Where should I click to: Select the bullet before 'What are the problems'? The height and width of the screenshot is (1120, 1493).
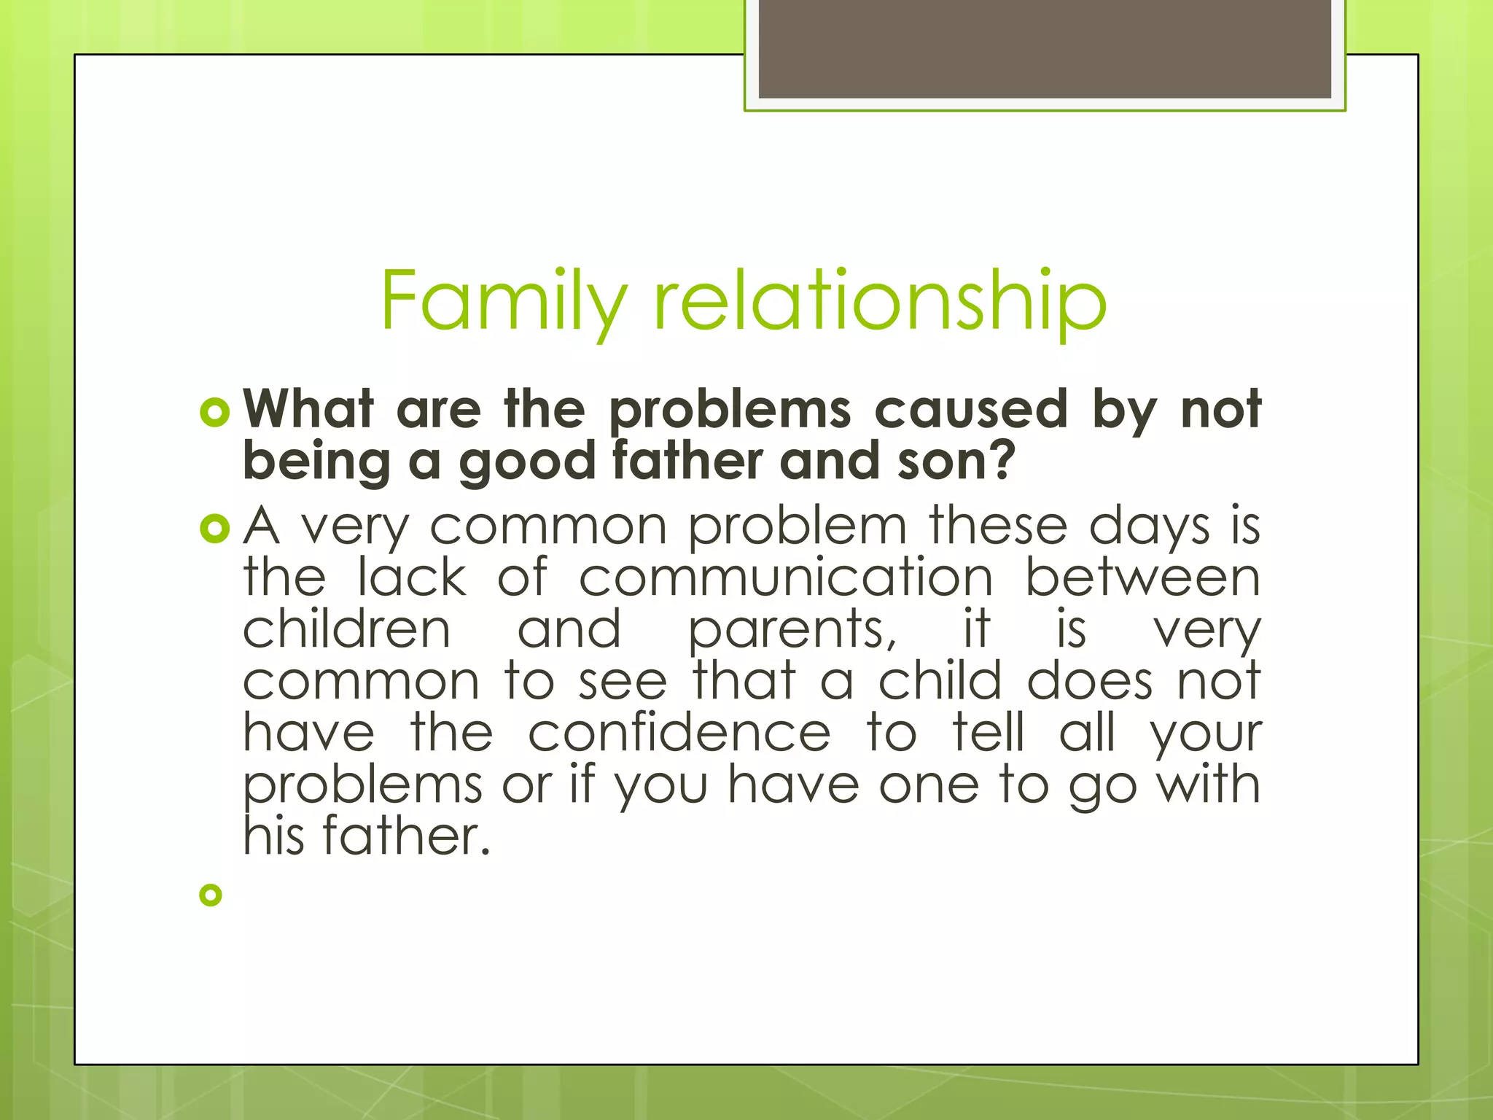coord(214,413)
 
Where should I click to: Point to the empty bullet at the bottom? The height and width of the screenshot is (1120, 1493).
coord(210,895)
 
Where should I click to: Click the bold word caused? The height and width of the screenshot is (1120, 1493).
coord(970,409)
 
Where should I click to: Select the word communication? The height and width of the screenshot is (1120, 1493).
coord(786,577)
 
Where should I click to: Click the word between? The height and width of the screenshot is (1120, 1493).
coord(1142,577)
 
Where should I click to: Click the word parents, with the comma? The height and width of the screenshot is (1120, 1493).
coord(792,630)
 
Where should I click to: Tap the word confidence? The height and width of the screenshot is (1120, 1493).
coord(679,734)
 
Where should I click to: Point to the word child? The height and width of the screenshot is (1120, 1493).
coord(940,681)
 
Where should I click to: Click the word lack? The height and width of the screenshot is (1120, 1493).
coord(412,577)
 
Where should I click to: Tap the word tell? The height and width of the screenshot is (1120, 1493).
coord(988,733)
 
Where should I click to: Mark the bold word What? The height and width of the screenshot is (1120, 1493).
coord(308,409)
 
